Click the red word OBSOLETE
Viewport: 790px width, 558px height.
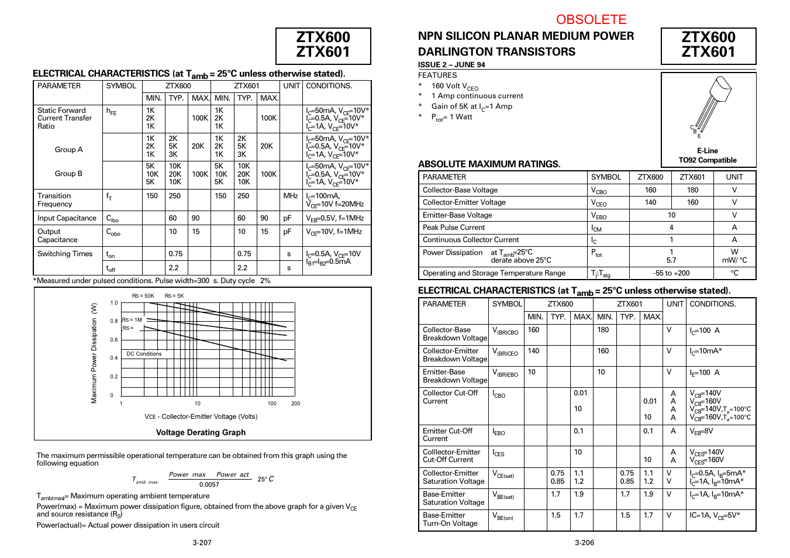pyautogui.click(x=591, y=19)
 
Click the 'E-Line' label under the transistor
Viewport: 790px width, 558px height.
pyautogui.click(x=707, y=151)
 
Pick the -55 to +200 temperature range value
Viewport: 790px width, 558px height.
pyautogui.click(x=671, y=273)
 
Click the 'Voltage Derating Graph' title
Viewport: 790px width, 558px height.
pyautogui.click(x=201, y=432)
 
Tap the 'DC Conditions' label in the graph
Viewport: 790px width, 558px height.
pyautogui.click(x=144, y=354)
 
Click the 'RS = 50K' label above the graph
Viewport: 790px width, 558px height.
pyautogui.click(x=143, y=296)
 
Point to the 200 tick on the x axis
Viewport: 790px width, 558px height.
pyautogui.click(x=295, y=404)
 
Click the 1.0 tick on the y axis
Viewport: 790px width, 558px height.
pyautogui.click(x=114, y=303)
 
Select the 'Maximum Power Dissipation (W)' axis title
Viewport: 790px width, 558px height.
pyautogui.click(x=94, y=353)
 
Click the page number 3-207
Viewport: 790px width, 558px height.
pyautogui.click(x=202, y=543)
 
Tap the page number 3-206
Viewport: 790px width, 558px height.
pyautogui.click(x=584, y=543)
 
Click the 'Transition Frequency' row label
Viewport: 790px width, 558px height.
pyautogui.click(x=54, y=200)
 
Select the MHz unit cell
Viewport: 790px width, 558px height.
pyautogui.click(x=291, y=196)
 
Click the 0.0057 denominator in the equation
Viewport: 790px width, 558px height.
pyautogui.click(x=209, y=484)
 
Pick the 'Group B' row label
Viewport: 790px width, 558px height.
pyautogui.click(x=68, y=174)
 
